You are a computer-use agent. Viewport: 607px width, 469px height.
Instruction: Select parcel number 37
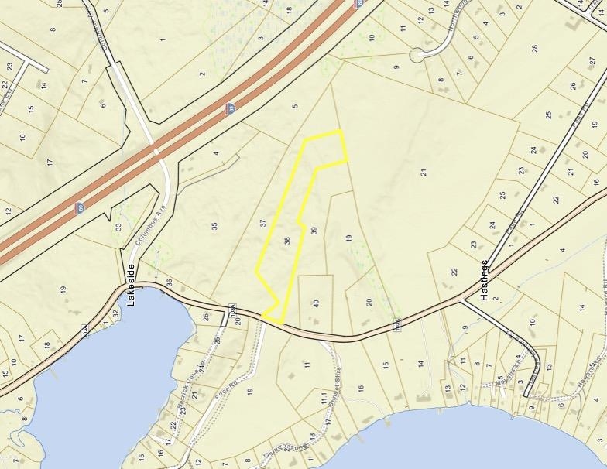tap(264, 224)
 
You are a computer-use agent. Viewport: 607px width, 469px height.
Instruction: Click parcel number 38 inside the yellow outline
tap(287, 241)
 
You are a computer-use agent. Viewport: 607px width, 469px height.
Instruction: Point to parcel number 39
tap(314, 231)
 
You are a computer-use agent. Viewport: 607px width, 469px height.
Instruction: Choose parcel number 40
tap(316, 303)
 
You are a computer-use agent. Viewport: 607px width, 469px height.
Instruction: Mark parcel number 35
tap(214, 226)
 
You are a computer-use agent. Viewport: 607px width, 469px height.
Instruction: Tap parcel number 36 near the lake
tap(169, 282)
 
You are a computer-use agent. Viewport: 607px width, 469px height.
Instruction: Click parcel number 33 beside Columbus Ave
tap(118, 228)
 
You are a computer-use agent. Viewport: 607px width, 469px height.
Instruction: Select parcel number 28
tap(535, 48)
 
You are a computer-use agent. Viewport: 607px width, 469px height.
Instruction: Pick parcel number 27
tap(592, 61)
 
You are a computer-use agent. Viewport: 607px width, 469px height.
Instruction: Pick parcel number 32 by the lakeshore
tap(115, 314)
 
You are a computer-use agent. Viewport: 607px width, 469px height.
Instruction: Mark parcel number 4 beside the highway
tap(216, 153)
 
